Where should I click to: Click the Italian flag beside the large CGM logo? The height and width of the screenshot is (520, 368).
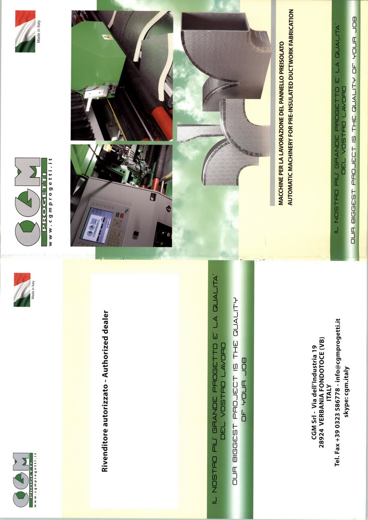pyautogui.click(x=25, y=31)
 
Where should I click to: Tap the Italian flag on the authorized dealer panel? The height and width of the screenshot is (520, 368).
pyautogui.click(x=22, y=290)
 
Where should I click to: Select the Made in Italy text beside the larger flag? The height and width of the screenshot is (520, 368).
pyautogui.click(x=39, y=31)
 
